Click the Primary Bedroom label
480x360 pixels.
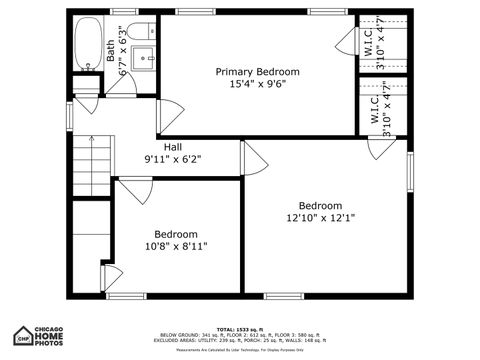coord(258,72)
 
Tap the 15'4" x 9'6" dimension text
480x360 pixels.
coord(258,85)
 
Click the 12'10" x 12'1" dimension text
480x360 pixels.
coord(320,217)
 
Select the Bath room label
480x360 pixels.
coord(111,50)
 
